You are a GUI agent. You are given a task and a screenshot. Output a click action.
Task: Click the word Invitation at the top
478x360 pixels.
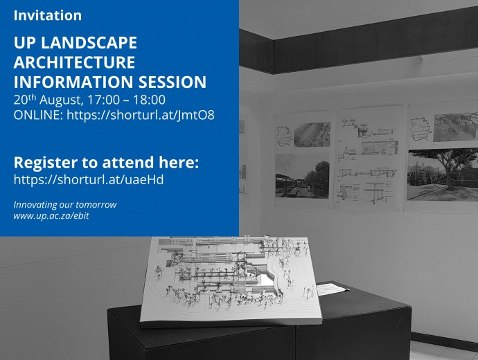tap(48, 15)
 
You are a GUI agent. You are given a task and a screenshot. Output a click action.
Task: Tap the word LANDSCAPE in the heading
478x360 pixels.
tap(89, 42)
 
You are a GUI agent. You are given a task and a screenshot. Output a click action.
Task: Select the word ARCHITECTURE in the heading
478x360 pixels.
tap(74, 62)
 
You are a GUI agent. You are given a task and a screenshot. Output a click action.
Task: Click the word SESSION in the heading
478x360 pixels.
tap(172, 82)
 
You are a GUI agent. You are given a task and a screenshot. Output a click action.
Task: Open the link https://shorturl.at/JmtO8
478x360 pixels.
tap(141, 115)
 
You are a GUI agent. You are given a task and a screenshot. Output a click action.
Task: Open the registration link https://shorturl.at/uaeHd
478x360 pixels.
tap(89, 180)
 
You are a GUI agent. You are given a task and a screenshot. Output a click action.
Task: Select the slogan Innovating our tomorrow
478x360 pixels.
tap(65, 205)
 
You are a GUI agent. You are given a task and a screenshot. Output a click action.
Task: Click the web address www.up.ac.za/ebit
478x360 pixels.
tap(51, 216)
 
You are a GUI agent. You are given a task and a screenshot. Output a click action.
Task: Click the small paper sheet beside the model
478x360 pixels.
tap(332, 289)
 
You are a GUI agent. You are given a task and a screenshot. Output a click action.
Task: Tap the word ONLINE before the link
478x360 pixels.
tap(38, 115)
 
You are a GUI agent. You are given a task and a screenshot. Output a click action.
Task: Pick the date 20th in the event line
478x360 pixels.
tap(25, 100)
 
